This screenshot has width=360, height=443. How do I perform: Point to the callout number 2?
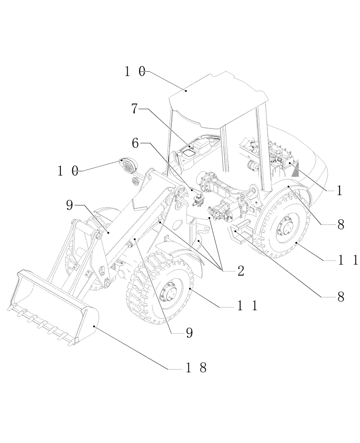tap(240, 270)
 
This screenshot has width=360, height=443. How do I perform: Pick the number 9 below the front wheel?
tap(189, 333)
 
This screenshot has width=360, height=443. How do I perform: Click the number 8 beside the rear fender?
tap(340, 225)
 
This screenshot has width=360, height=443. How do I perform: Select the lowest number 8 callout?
tap(340, 297)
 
